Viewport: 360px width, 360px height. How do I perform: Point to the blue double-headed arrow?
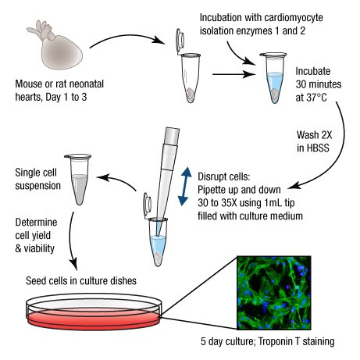(184, 186)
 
